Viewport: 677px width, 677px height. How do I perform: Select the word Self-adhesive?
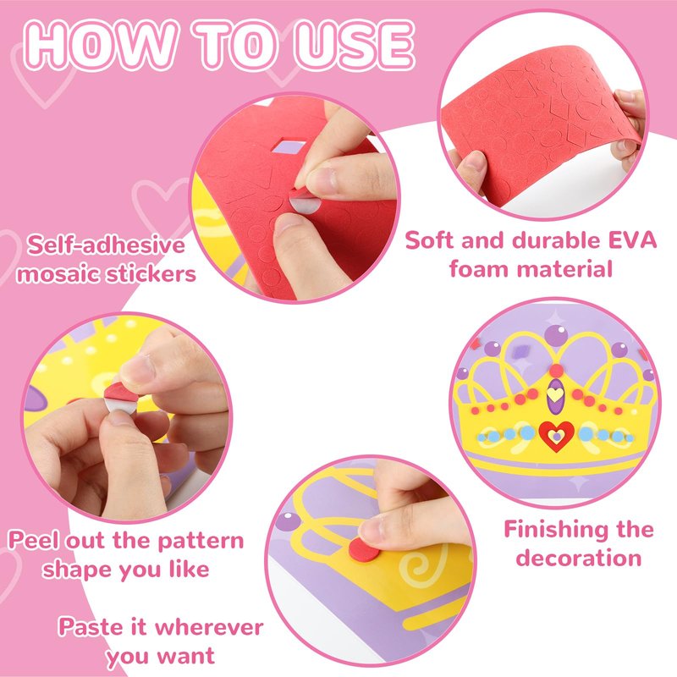pos(107,245)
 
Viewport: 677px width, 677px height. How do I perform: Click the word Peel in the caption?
pos(32,540)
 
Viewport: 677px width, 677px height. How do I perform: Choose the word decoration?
pos(579,558)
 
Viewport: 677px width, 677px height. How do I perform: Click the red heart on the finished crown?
pos(557,436)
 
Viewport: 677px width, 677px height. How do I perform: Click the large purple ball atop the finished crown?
pos(556,335)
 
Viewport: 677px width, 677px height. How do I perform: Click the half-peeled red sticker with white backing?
pos(120,399)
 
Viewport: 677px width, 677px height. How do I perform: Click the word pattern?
pos(201,542)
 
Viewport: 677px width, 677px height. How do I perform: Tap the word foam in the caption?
pos(479,268)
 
